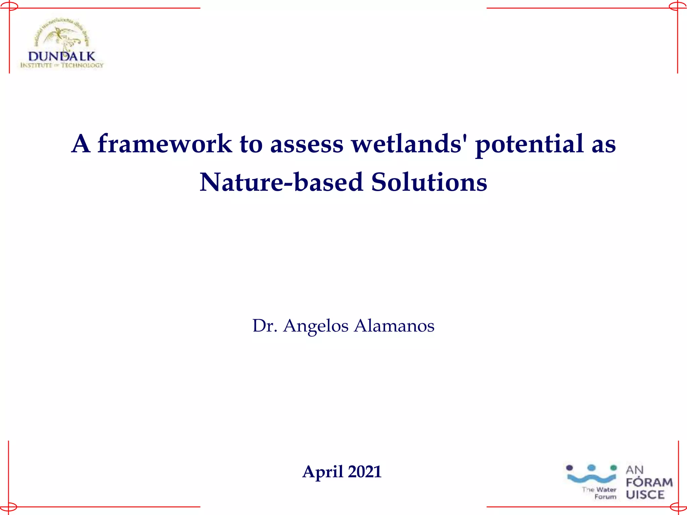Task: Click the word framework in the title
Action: [x=164, y=144]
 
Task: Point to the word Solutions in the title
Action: [x=429, y=182]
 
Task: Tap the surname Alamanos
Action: [x=394, y=326]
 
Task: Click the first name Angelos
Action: [x=316, y=326]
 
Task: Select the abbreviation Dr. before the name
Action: [x=265, y=326]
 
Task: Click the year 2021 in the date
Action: [x=365, y=472]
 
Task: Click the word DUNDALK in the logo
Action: [x=62, y=56]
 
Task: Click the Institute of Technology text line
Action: [x=62, y=65]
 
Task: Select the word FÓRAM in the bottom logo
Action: [x=649, y=482]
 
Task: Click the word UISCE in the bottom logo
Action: [x=645, y=495]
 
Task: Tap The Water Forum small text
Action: [x=600, y=493]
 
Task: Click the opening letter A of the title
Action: [x=81, y=144]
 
